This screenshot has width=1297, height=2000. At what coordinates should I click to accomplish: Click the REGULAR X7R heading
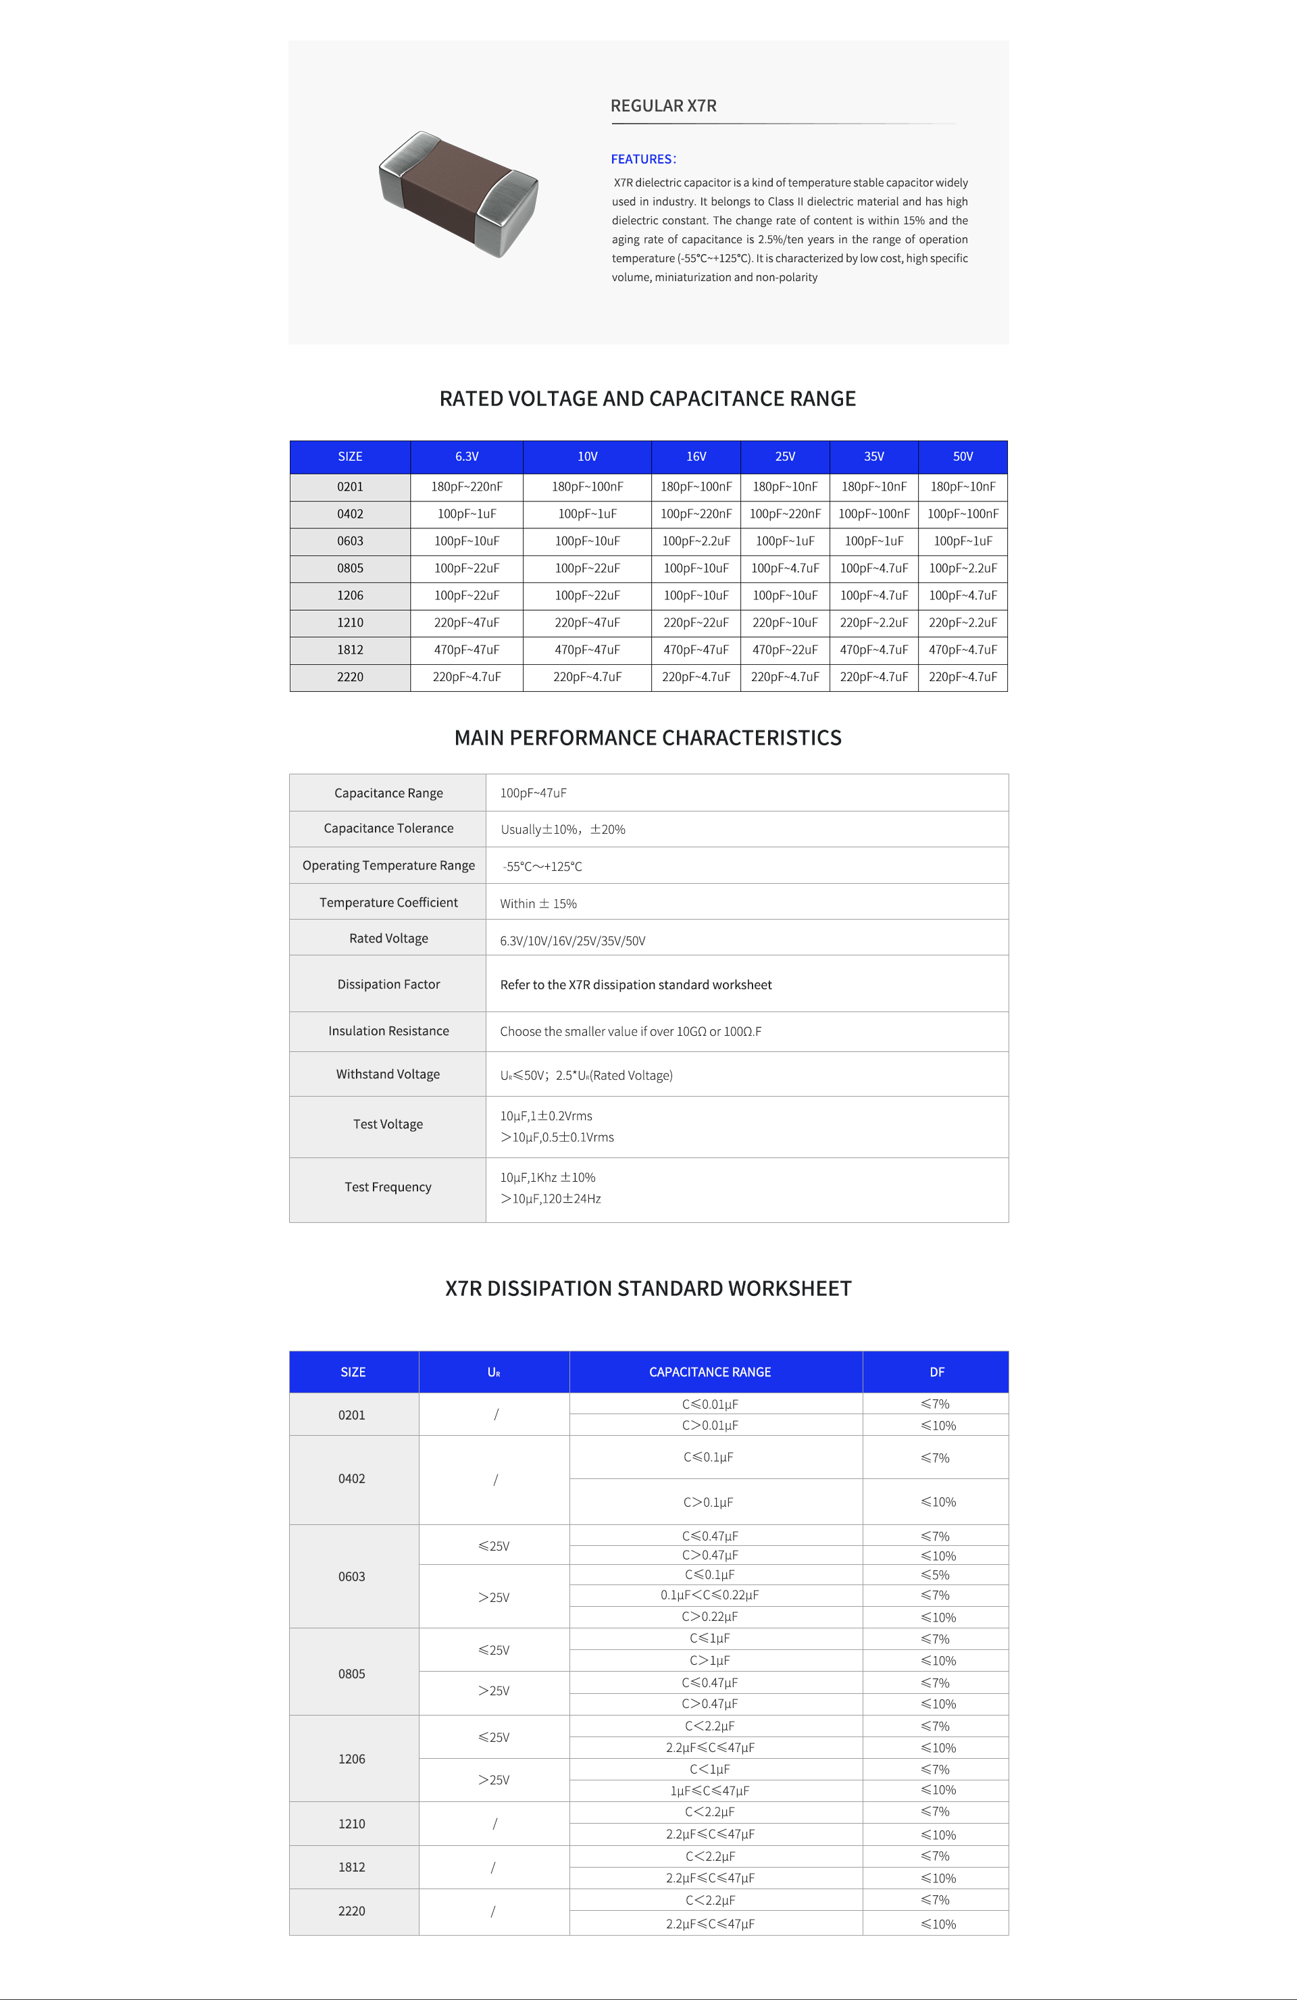coord(663,106)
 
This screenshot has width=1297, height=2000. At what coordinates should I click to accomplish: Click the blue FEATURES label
coord(642,159)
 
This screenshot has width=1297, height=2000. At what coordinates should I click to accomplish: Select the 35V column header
coord(873,456)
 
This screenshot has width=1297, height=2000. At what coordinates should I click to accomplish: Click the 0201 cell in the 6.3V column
coord(466,486)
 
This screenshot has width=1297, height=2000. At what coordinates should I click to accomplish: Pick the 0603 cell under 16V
coord(696,541)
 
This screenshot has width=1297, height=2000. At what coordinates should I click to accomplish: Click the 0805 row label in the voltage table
coord(351,568)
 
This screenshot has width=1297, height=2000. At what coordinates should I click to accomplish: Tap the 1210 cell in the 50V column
coord(963,623)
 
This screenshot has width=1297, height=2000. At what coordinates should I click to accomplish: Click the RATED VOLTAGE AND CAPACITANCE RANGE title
coord(648,399)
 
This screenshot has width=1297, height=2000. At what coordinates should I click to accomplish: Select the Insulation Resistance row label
coord(388,1031)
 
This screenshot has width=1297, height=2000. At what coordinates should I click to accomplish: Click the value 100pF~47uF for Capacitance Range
coord(534,793)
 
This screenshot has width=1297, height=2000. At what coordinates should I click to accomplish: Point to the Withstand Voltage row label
coord(388,1074)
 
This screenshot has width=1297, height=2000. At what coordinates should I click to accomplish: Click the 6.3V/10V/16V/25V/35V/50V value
coord(573,941)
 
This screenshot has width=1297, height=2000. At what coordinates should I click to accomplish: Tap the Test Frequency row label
coord(388,1186)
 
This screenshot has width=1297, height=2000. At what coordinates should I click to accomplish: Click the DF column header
coord(937,1372)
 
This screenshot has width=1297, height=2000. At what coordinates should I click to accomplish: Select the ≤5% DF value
coord(935,1575)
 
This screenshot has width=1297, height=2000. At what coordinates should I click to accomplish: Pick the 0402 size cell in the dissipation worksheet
coord(352,1478)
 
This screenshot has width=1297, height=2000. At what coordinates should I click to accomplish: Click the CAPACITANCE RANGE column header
coord(710,1372)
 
